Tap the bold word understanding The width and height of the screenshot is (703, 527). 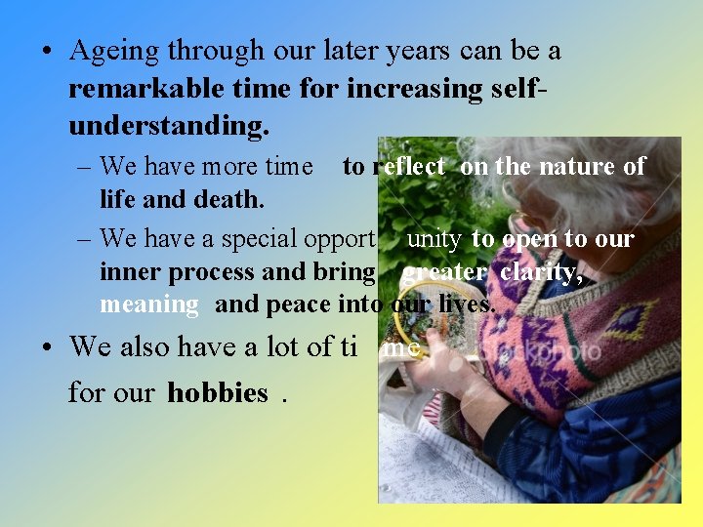point(168,127)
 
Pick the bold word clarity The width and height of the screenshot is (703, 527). point(541,272)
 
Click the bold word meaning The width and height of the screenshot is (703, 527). point(148,304)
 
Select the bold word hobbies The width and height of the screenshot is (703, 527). point(218,393)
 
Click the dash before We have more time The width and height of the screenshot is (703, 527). point(84,167)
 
